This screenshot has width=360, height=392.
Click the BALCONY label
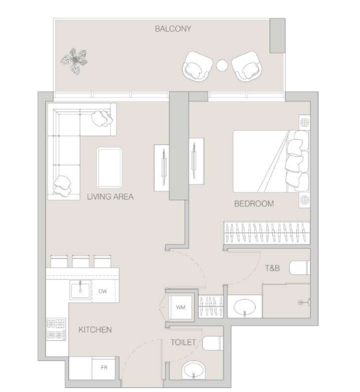[173, 29]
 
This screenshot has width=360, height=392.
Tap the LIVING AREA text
[110, 197]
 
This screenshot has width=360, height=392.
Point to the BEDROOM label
[254, 204]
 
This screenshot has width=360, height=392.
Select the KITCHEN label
[95, 330]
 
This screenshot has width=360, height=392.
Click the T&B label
[272, 268]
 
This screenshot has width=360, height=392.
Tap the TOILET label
[183, 342]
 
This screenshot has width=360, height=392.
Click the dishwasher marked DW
[103, 291]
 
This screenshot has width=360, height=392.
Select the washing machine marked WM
[180, 307]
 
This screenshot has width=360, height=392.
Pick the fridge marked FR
[104, 368]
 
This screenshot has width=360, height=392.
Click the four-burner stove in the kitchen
[57, 329]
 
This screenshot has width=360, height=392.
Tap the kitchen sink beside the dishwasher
[80, 290]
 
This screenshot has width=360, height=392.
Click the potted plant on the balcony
[74, 61]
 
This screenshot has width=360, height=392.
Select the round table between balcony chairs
[222, 65]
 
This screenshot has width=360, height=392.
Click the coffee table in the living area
[110, 167]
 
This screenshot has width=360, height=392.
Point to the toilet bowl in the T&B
[300, 268]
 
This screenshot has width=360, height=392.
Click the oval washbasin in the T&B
[245, 307]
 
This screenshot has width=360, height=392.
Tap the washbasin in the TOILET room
[193, 371]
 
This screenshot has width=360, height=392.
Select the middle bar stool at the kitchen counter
[81, 261]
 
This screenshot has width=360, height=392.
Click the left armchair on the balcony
[197, 66]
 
